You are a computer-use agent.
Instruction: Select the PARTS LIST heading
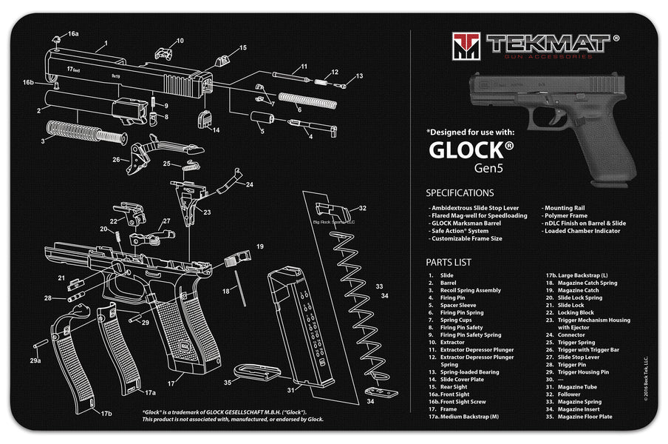coord(448,262)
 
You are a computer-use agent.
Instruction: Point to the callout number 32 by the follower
coord(362,209)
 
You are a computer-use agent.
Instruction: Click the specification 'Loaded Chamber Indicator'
coord(583,231)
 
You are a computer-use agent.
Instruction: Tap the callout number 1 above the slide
coord(106,44)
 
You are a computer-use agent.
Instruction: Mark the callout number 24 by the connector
coord(249,184)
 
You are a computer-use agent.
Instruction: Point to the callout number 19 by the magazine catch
coord(259,246)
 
